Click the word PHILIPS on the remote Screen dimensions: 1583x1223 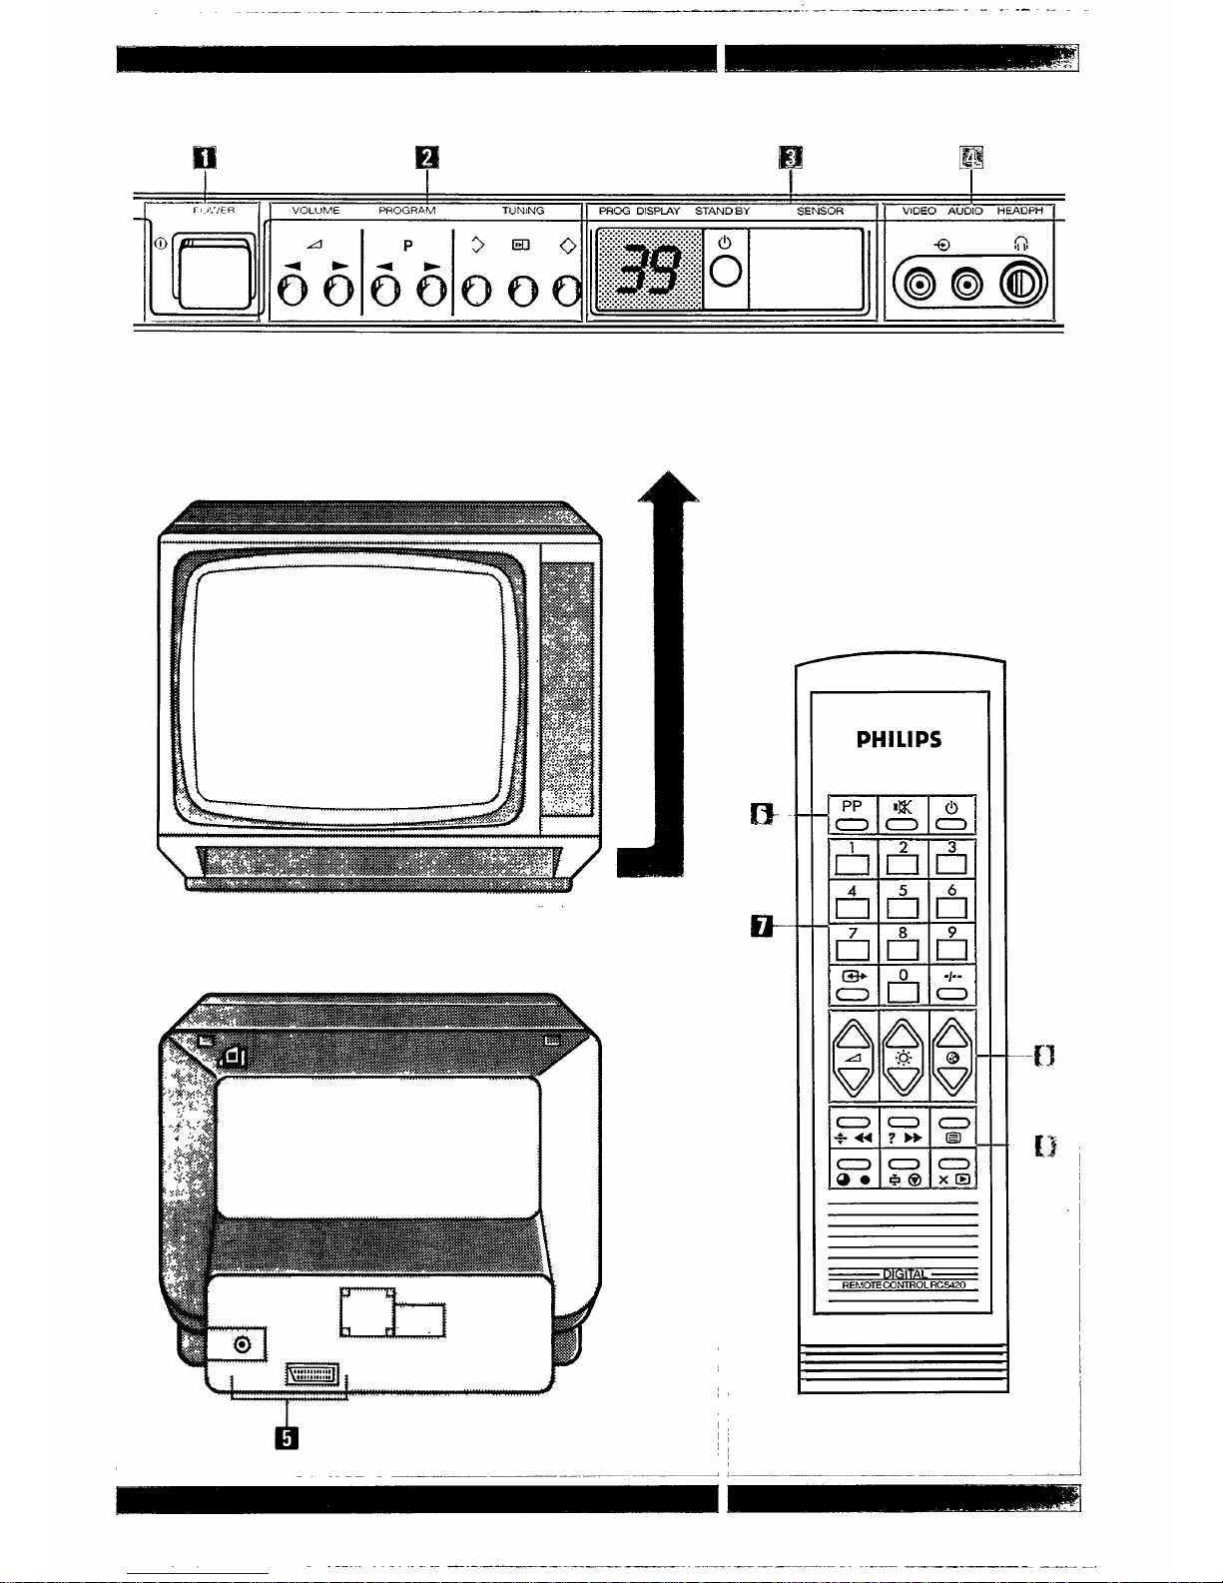point(899,740)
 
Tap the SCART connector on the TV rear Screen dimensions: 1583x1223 point(311,1374)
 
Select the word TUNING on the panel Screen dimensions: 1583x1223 point(523,211)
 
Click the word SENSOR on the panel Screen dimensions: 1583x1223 point(820,211)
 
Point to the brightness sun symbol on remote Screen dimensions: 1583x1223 point(902,1059)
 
